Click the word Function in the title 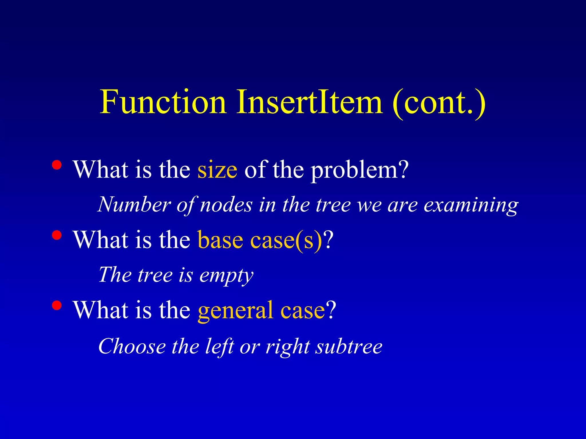click(163, 102)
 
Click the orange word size click(217, 170)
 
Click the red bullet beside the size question click(57, 165)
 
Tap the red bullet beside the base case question click(57, 235)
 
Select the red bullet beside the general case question click(57, 305)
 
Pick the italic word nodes click(226, 205)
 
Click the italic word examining click(471, 205)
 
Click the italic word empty click(226, 276)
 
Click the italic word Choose click(132, 346)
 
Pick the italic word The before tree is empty click(115, 275)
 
